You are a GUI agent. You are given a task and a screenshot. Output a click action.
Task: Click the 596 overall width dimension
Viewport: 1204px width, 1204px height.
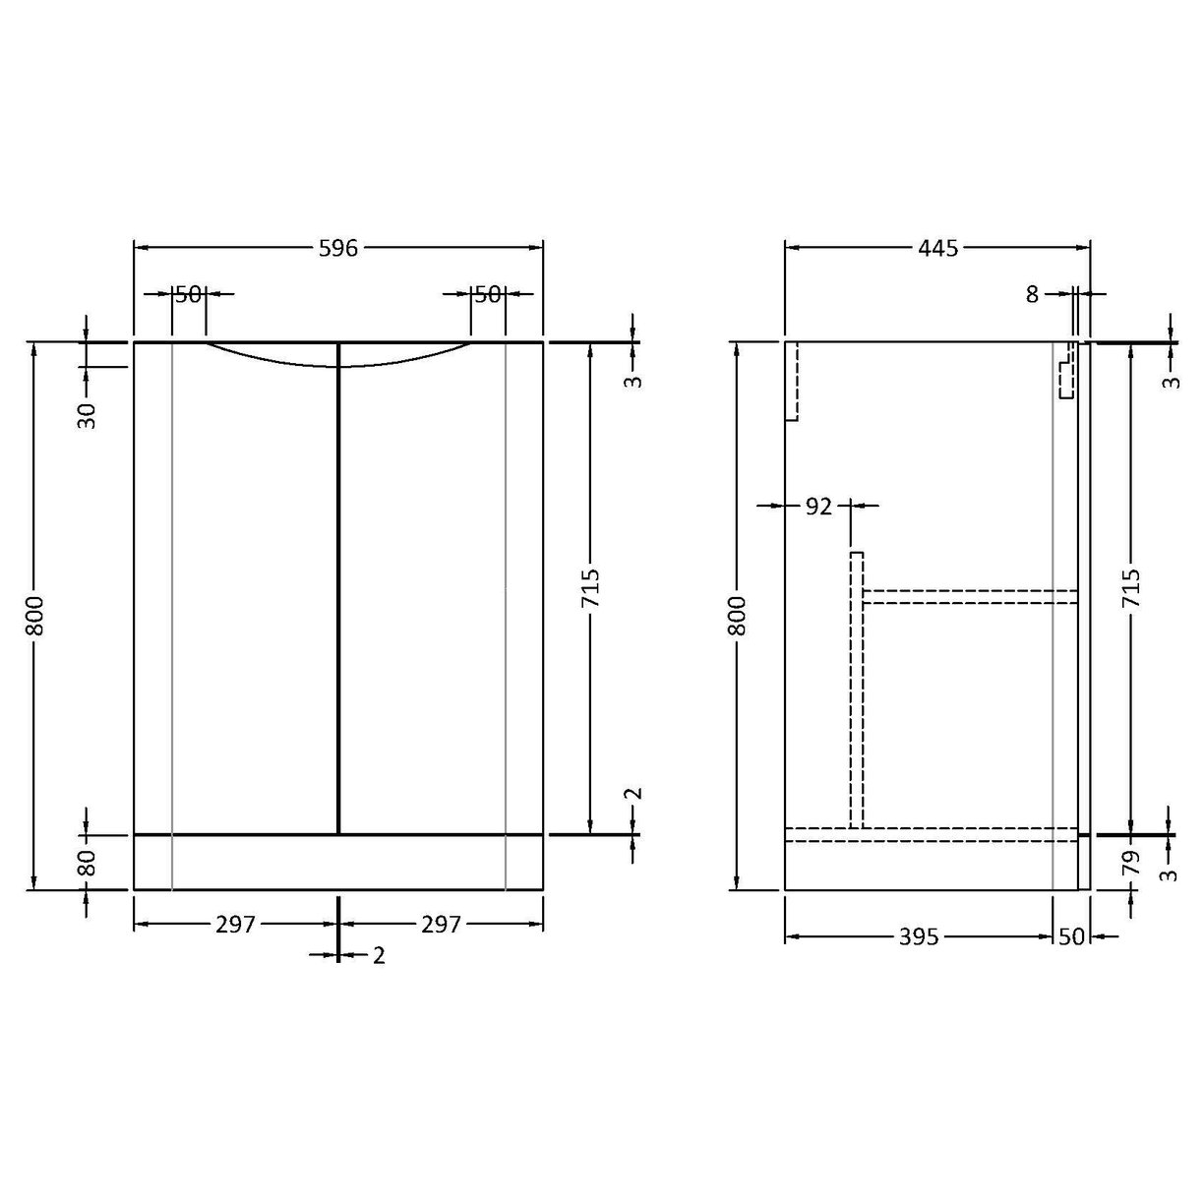tap(337, 248)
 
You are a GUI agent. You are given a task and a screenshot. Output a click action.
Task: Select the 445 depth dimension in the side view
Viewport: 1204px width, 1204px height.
tap(937, 248)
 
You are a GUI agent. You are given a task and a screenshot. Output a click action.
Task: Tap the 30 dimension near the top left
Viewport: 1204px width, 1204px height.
tap(88, 415)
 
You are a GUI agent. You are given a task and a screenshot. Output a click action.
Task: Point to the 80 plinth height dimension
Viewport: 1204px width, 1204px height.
tap(88, 863)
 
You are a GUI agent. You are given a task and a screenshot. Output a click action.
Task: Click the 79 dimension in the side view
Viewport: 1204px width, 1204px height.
tap(1131, 863)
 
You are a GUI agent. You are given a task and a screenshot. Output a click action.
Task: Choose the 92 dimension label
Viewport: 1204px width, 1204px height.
tap(818, 507)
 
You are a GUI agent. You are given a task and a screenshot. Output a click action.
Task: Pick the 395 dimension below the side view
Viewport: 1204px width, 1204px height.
tap(919, 937)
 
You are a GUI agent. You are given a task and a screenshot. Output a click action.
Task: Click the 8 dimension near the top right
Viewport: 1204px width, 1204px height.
tap(1032, 294)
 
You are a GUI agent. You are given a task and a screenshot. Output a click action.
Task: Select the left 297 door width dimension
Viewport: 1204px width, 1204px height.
tap(235, 925)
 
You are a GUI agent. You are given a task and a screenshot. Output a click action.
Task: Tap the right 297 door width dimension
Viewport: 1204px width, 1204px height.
tap(441, 925)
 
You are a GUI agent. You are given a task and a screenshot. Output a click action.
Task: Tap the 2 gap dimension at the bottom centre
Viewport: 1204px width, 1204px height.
tap(379, 955)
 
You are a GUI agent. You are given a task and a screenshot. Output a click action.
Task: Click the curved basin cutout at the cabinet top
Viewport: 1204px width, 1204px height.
tap(337, 358)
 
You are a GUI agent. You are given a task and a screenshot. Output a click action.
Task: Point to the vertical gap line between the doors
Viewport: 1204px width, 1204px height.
tap(338, 590)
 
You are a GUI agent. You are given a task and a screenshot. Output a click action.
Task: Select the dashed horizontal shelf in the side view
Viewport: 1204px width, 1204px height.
tap(970, 596)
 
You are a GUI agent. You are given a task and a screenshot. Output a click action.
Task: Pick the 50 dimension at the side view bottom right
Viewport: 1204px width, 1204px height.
tap(1071, 937)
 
